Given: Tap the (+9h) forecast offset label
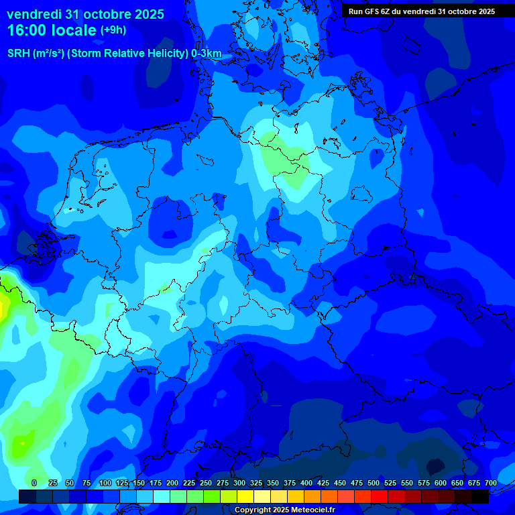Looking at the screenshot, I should pyautogui.click(x=113, y=30).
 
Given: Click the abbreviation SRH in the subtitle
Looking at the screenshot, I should pyautogui.click(x=19, y=54).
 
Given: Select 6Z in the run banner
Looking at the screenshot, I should pyautogui.click(x=390, y=11).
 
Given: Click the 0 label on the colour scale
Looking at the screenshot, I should pyautogui.click(x=34, y=483).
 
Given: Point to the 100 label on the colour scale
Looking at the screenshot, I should pyautogui.click(x=105, y=483).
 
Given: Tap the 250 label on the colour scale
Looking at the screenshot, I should pyautogui.click(x=206, y=483).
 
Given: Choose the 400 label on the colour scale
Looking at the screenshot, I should pyautogui.click(x=306, y=483).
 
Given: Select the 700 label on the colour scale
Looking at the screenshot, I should pyautogui.click(x=490, y=483).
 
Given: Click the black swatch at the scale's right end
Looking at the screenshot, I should pyautogui.click(x=480, y=496).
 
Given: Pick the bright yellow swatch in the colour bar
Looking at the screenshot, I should pyautogui.click(x=245, y=496).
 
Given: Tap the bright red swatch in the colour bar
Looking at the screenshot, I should pyautogui.click(x=380, y=496).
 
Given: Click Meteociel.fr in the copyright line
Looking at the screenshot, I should pyautogui.click(x=309, y=510).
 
